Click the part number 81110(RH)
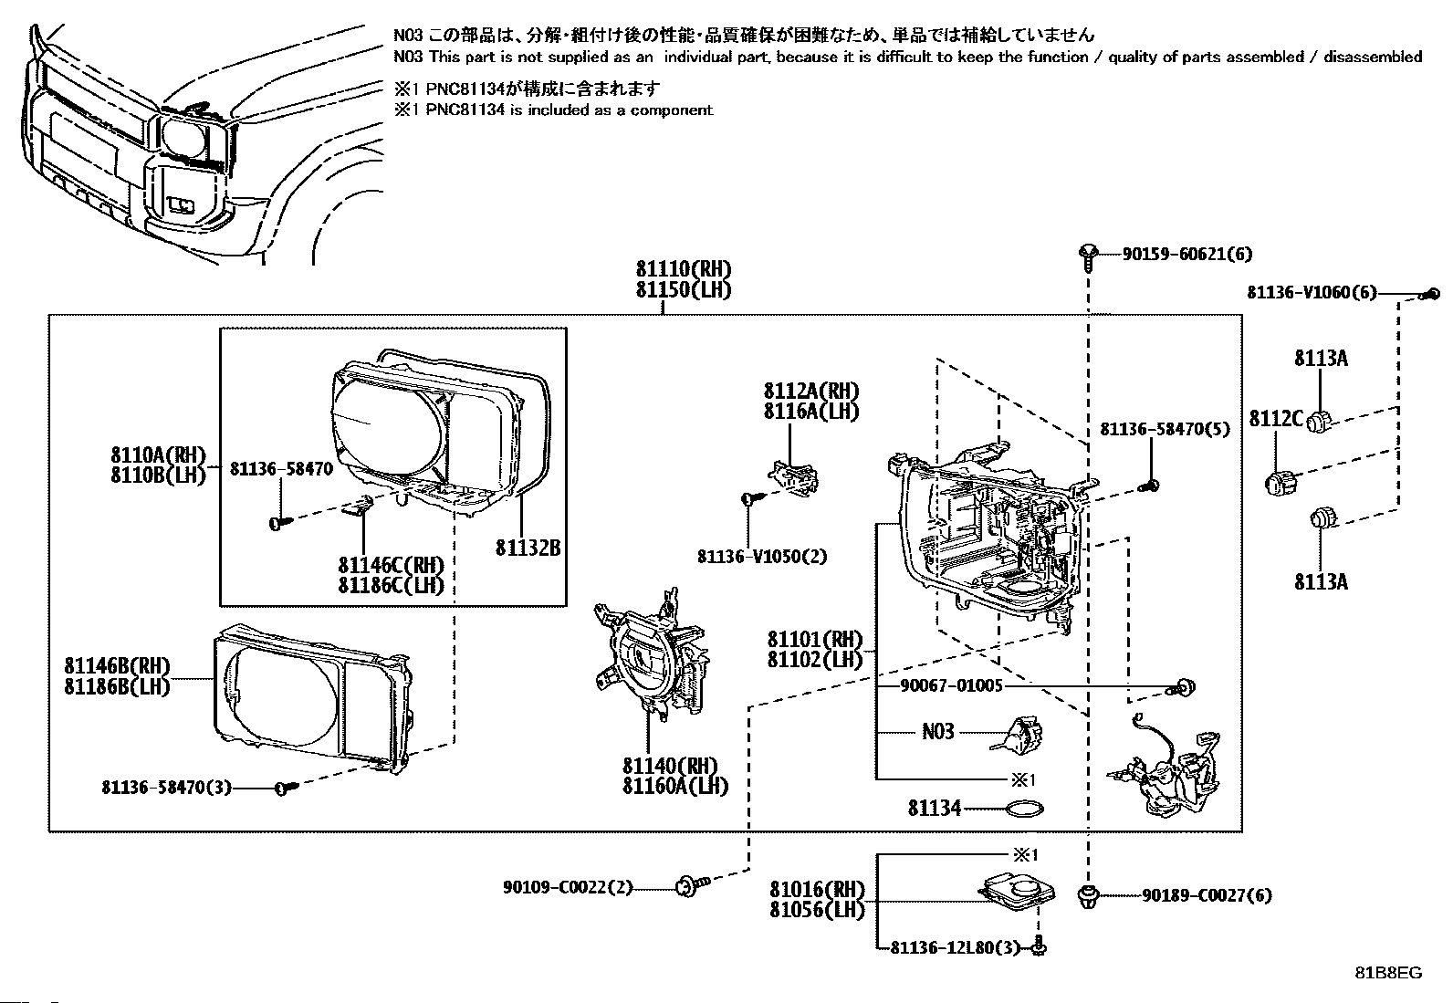684,269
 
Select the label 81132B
528,548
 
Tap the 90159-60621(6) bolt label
1186,255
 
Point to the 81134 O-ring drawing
1024,808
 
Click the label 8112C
1276,418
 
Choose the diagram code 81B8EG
1388,972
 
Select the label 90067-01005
950,684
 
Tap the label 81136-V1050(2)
761,556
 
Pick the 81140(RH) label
670,766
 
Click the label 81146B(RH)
117,667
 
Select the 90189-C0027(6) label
1206,895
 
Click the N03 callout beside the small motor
938,731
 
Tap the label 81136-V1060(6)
1312,293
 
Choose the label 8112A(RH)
811,391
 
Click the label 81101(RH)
814,639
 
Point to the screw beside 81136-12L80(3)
1039,947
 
